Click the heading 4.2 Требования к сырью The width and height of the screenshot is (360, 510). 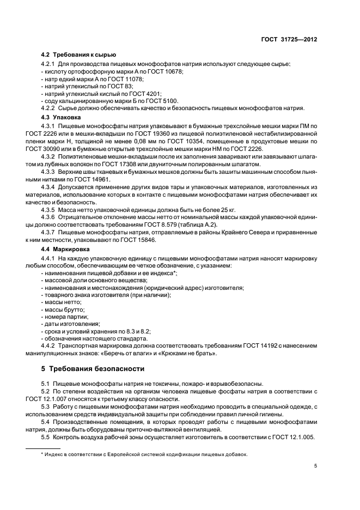pos(78,55)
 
